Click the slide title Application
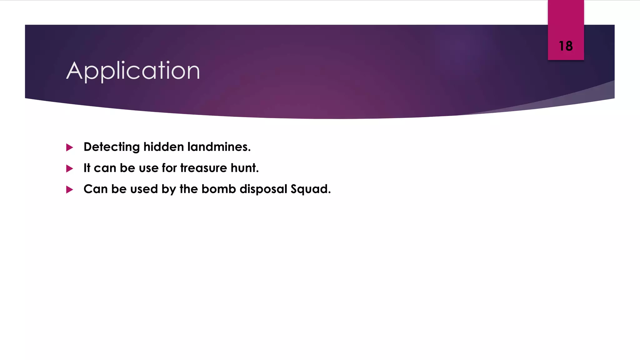[133, 71]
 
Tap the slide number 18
[566, 46]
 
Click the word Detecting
[112, 147]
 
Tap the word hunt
[245, 168]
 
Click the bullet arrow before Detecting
[70, 147]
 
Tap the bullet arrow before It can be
[70, 169]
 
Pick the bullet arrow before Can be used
[70, 190]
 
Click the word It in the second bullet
[87, 168]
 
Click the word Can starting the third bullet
[95, 189]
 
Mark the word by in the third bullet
[169, 189]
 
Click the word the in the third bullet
[189, 189]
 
